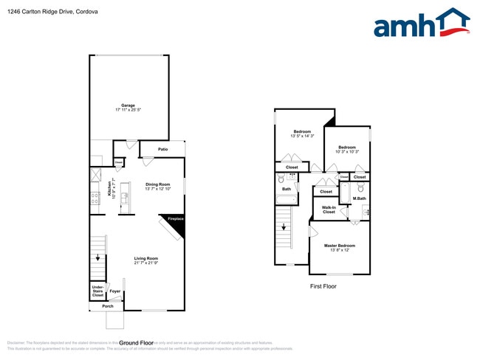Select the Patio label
(162, 150)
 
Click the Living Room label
(147, 260)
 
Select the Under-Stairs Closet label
(97, 291)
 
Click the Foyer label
(115, 291)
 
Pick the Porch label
(108, 306)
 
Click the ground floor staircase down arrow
(97, 258)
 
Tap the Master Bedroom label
(340, 247)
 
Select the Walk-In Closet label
(329, 210)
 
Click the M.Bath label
(360, 198)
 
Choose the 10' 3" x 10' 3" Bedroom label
(347, 150)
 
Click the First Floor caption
(323, 285)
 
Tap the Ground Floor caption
(136, 343)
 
